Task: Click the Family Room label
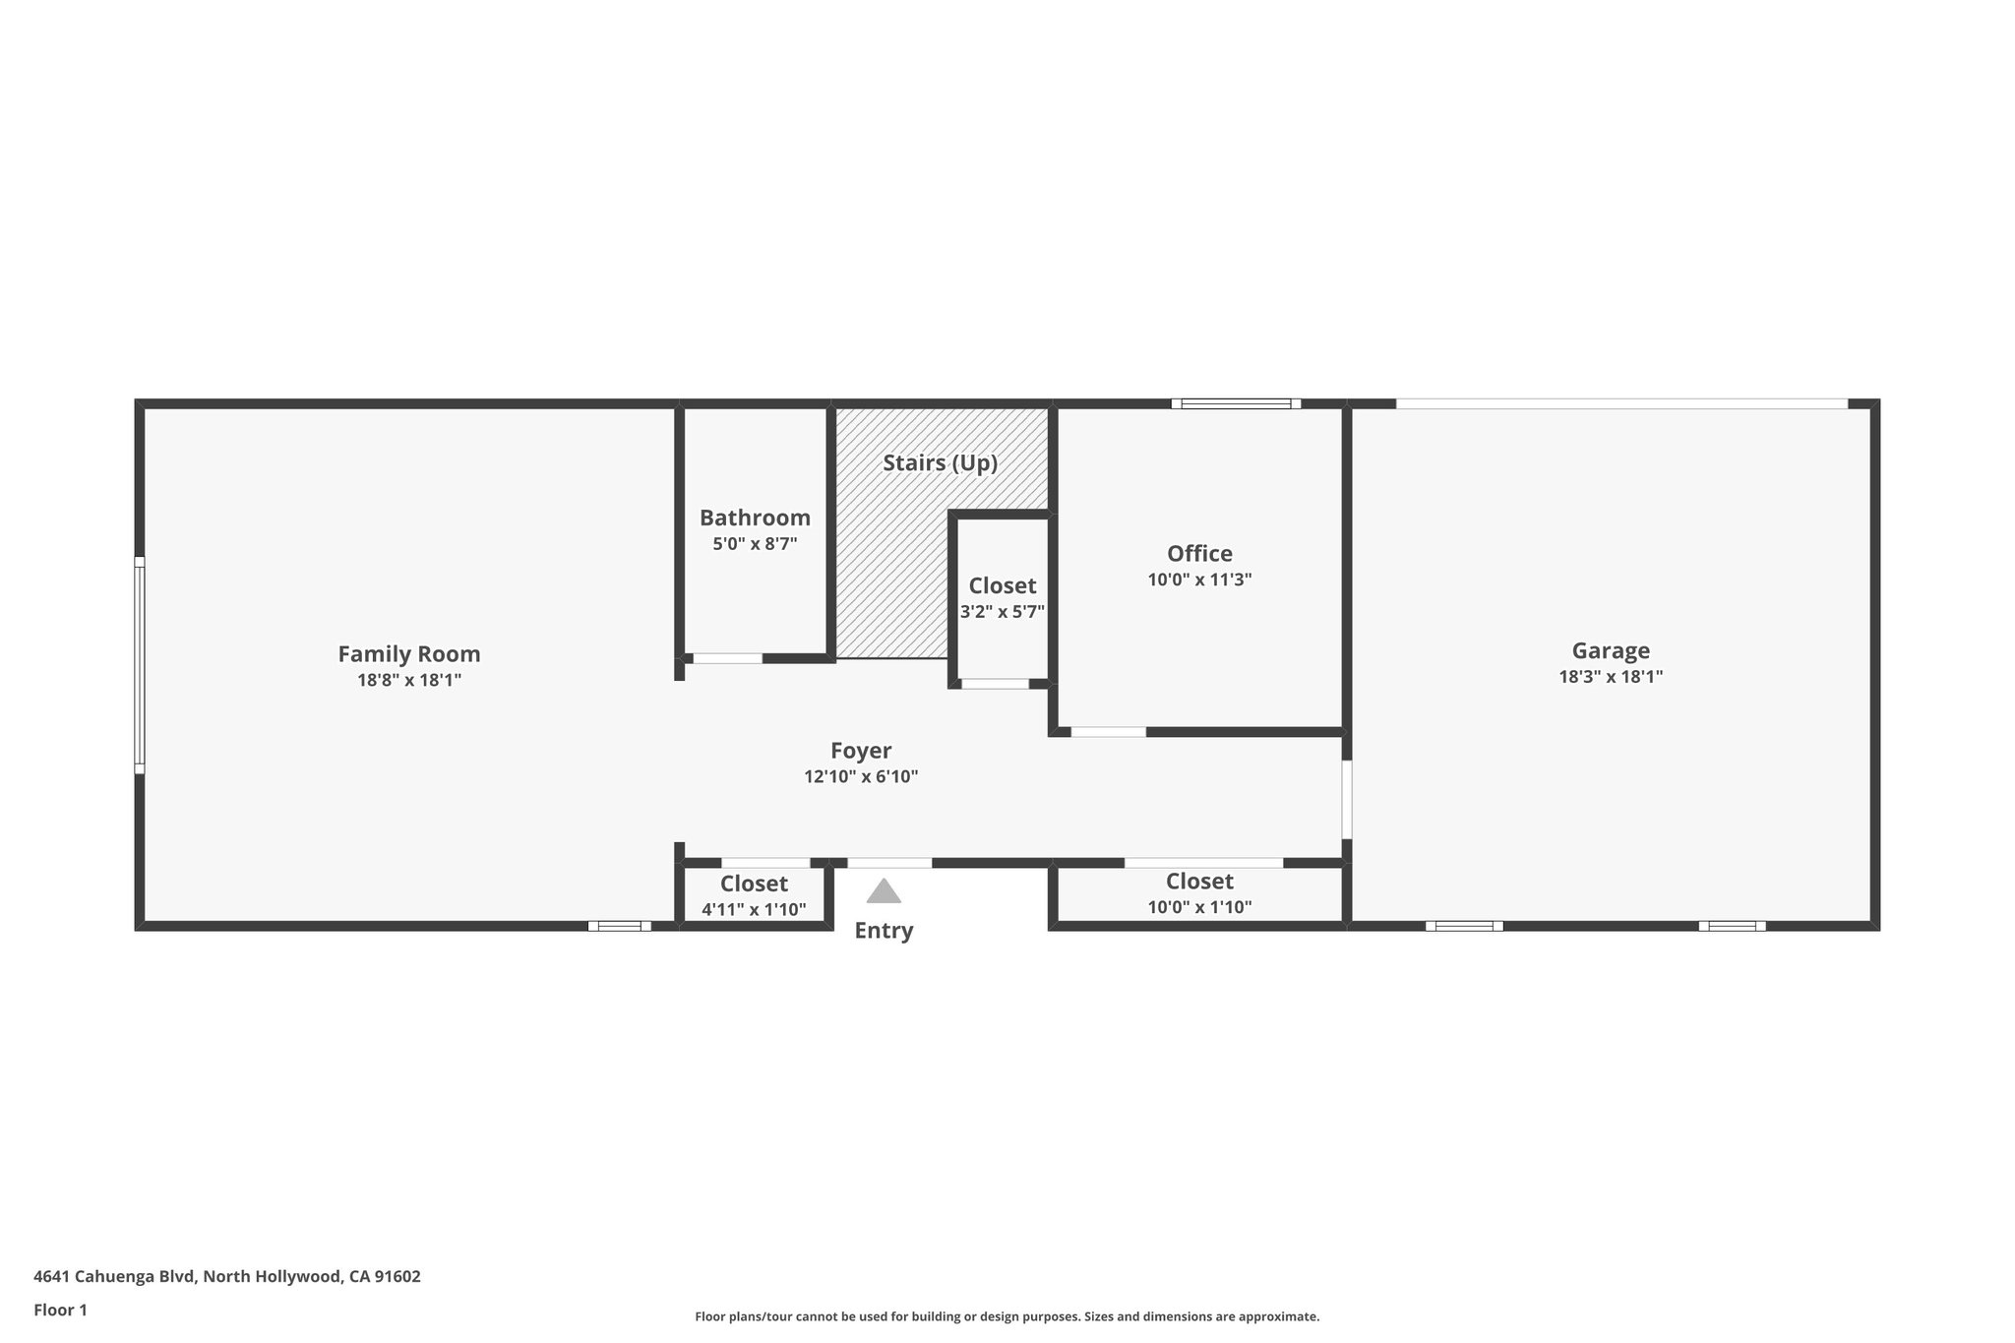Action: [409, 654]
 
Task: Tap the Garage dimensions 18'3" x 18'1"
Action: [1611, 677]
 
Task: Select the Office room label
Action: [1199, 553]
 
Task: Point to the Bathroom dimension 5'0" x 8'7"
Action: [755, 543]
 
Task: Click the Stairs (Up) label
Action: [940, 462]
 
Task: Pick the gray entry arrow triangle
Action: [884, 892]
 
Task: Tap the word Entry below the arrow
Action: [884, 931]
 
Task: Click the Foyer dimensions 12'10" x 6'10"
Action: [861, 776]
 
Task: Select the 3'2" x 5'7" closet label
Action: [1002, 611]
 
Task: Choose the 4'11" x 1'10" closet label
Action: [754, 909]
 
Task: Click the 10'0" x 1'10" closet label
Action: [1199, 906]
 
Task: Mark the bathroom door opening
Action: [727, 658]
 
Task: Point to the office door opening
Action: [1108, 732]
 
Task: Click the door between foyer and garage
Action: [1346, 799]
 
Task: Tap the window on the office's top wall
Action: [1236, 403]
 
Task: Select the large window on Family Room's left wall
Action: [140, 665]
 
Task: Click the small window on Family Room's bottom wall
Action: [619, 926]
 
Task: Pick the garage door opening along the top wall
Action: [1621, 403]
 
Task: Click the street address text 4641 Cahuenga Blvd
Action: [226, 1277]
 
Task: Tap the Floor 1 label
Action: [61, 1311]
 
